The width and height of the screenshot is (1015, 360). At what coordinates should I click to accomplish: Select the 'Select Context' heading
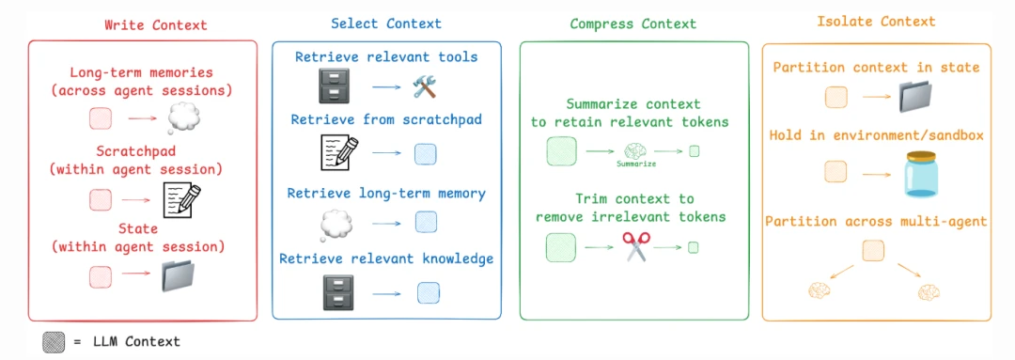point(385,23)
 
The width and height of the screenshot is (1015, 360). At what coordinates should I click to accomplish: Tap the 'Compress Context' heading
point(633,23)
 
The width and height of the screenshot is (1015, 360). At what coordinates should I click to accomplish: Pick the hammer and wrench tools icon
point(427,88)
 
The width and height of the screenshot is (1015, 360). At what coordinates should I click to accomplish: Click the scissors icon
point(636,247)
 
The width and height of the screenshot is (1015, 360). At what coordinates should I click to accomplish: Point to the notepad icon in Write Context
point(182,198)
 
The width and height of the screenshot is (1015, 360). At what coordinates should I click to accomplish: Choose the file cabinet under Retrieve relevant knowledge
point(336,293)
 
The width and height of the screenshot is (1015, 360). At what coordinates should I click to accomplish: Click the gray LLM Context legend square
point(54,342)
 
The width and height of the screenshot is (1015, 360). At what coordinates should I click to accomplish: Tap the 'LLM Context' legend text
point(136,342)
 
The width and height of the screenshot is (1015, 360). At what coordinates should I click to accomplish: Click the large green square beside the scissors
point(561,247)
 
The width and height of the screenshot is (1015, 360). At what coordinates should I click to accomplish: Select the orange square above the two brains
point(873,250)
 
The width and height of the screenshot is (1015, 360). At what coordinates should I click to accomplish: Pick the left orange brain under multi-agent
point(820,291)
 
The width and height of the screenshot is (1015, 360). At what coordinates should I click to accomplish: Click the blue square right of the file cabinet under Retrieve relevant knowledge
point(428,293)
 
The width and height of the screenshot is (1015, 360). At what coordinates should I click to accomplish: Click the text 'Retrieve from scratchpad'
point(387,120)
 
